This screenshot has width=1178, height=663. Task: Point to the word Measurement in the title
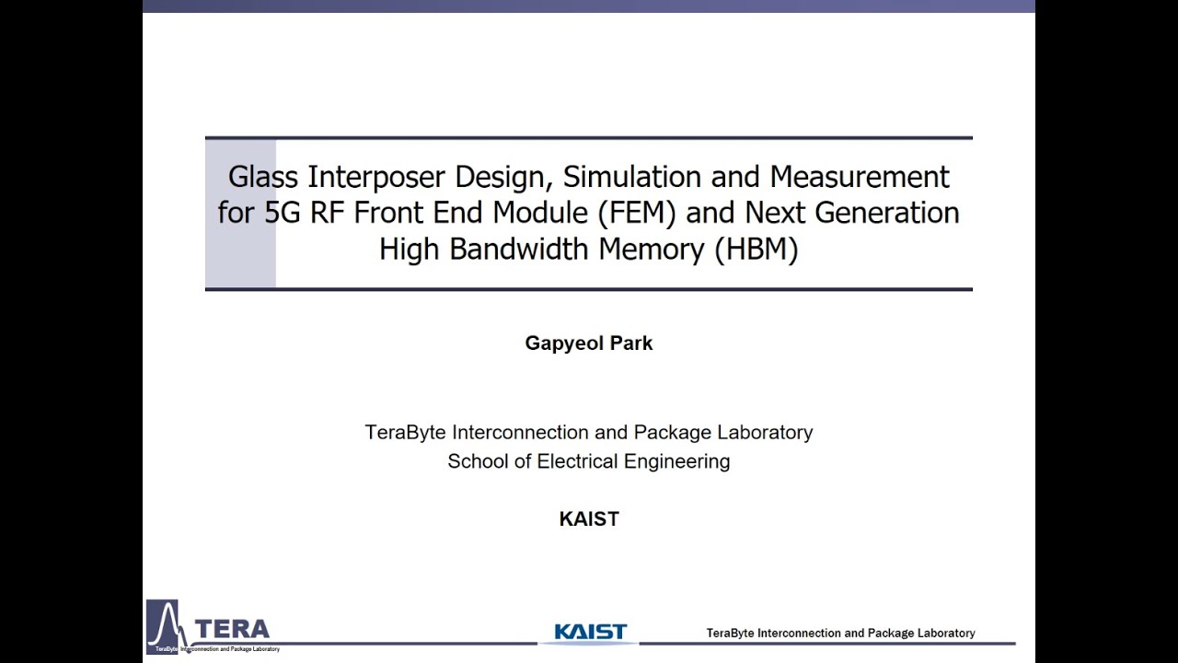coord(860,176)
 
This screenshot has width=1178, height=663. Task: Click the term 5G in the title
coord(283,213)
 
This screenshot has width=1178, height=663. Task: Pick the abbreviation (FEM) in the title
coord(636,213)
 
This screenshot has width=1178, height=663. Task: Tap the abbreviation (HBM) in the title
coord(756,250)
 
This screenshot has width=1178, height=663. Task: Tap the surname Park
coord(632,343)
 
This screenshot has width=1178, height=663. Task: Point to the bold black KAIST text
coord(589,519)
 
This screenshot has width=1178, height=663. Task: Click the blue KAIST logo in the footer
coord(590,632)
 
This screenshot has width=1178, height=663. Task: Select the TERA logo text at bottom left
coord(232,629)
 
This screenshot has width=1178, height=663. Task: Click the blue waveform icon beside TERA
coord(164,625)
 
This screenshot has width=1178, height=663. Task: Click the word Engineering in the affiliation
coord(677,461)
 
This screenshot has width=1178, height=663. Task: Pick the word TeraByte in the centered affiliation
coord(405,433)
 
